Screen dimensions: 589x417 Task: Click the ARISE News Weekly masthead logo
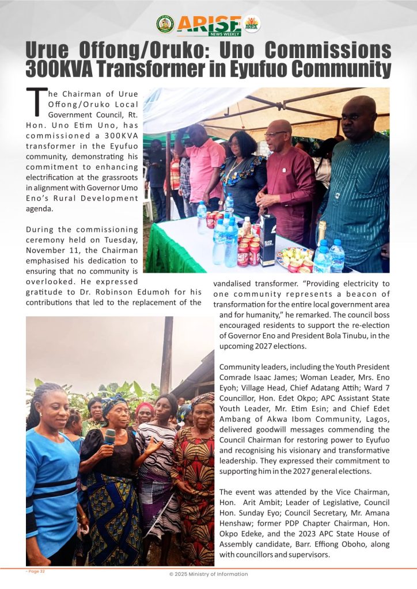click(209, 25)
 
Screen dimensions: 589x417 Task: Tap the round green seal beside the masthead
click(165, 24)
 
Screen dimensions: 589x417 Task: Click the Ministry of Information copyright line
click(208, 574)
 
